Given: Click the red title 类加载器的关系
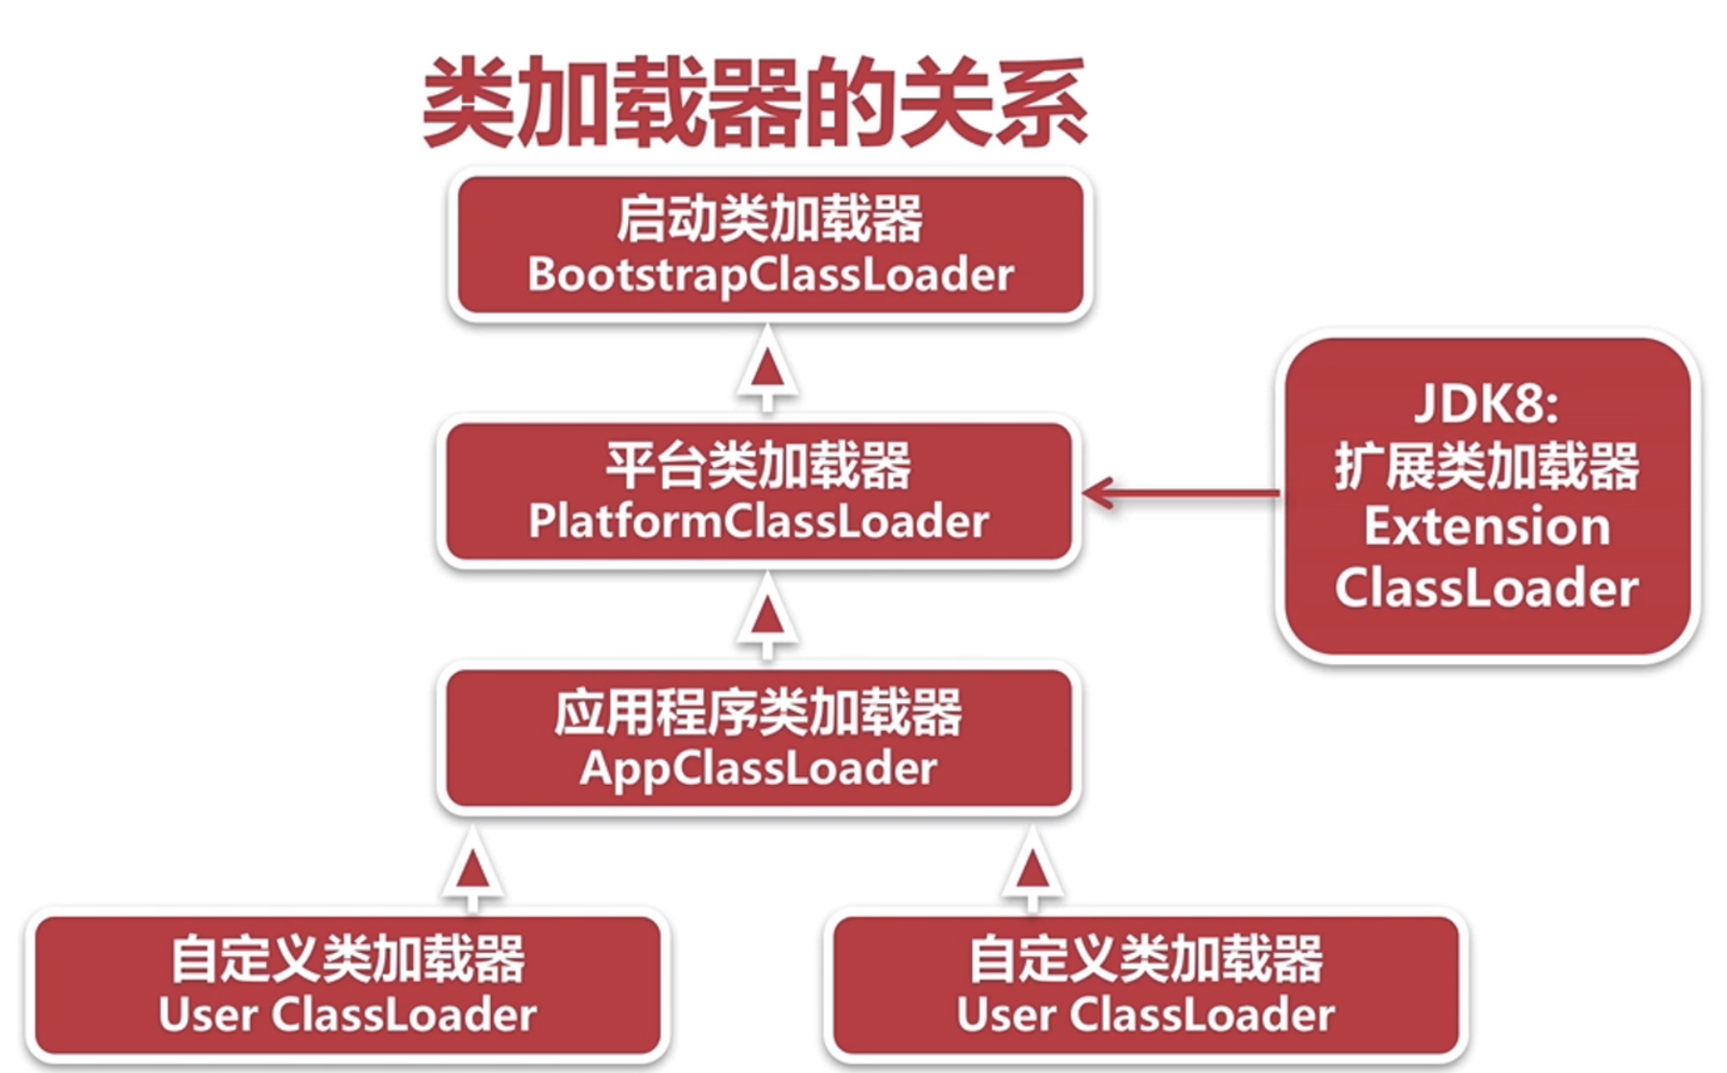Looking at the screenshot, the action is click(754, 101).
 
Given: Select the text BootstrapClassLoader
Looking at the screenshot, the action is click(770, 275).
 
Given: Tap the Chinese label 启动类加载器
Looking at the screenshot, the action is click(769, 218).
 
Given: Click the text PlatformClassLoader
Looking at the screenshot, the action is click(758, 522).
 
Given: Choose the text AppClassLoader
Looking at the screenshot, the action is click(758, 768).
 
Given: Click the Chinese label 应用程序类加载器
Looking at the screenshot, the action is click(758, 712).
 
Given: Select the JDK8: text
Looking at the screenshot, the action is click(1487, 403).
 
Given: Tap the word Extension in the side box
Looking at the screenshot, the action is click(1487, 526).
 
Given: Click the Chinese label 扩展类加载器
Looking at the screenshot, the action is click(1487, 466).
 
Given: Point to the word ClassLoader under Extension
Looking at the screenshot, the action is click(1487, 588).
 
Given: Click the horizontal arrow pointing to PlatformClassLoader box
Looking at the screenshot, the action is click(1181, 493).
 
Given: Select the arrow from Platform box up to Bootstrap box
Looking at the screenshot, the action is click(766, 369).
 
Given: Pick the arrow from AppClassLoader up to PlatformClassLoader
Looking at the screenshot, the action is click(766, 616).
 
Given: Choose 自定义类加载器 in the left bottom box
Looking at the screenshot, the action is click(348, 959).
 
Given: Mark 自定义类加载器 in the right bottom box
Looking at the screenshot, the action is click(1146, 959).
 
